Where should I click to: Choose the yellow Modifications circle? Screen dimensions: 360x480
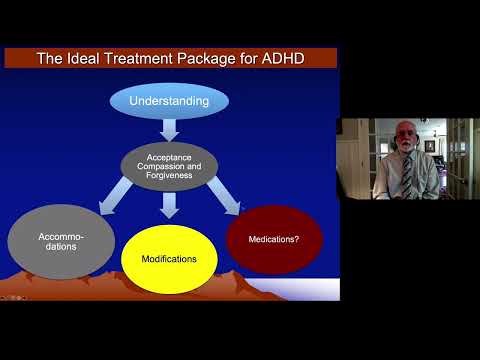(168, 258)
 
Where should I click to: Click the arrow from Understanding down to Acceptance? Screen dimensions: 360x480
(168, 129)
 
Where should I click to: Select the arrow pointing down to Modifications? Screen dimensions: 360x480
(168, 204)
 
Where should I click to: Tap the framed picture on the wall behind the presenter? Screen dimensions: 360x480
(430, 146)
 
